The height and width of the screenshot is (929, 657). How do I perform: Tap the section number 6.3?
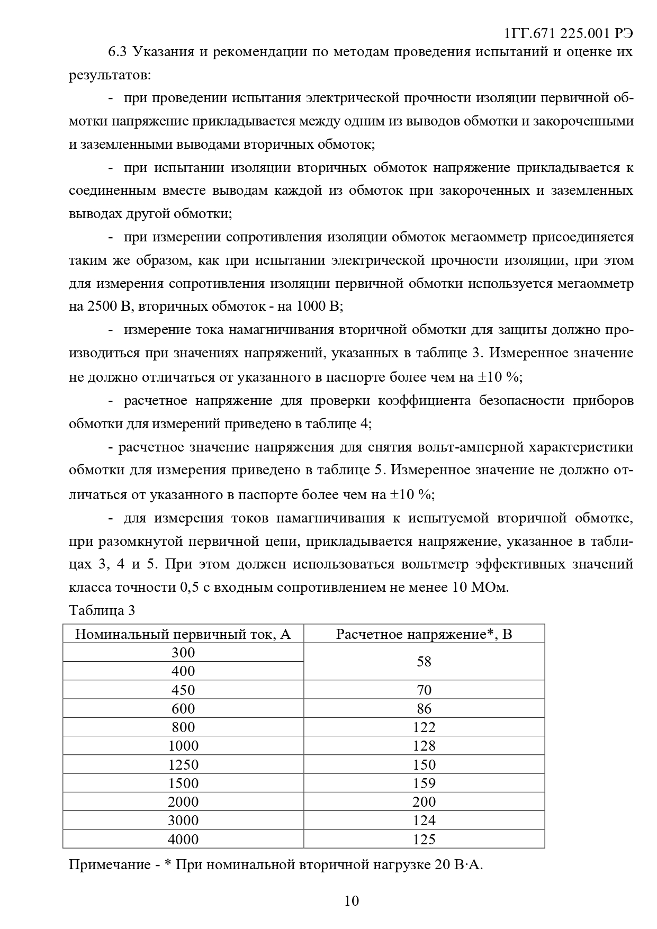coord(118,52)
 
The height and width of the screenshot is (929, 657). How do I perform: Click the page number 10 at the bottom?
coord(352,901)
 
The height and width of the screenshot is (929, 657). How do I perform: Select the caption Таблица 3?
coord(102,610)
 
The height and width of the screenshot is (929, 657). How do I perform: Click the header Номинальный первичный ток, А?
coord(183,634)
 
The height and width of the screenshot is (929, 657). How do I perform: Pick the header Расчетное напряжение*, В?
coord(424,634)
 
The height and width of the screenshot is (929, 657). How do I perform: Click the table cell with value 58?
coord(424,662)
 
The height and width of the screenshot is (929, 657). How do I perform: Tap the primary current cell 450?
coord(183,690)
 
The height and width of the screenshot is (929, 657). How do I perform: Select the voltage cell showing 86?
coord(424,709)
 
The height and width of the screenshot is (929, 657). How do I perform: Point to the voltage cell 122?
coord(424,727)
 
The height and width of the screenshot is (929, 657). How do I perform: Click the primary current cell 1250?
coord(183,765)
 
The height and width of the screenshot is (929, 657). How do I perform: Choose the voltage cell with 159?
coord(424,783)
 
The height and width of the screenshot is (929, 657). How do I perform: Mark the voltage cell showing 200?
coord(424,802)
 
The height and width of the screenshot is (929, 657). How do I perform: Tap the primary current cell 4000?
coord(183,840)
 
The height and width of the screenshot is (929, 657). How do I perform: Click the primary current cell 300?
coord(183,653)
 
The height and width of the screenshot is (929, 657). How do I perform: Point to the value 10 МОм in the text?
coord(479,588)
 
